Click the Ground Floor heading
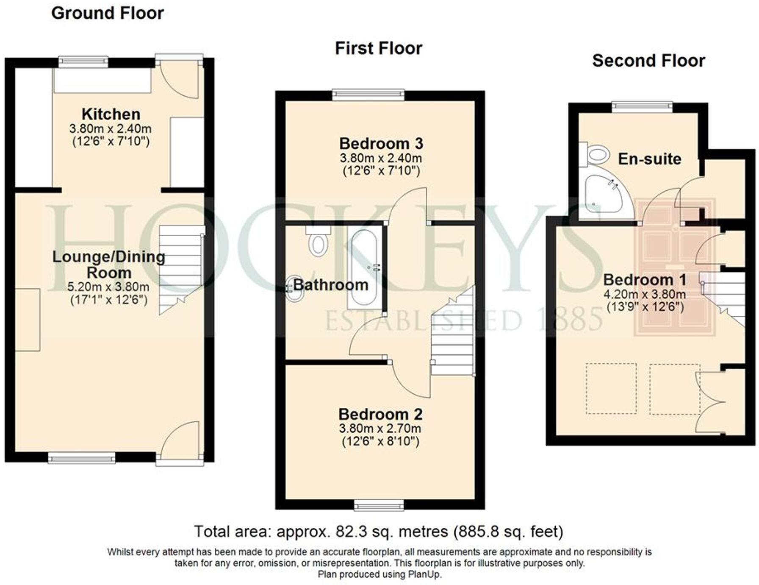107,14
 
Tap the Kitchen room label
111,114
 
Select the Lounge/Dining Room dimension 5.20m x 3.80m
108,287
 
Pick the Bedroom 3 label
381,144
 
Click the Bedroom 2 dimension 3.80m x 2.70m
380,429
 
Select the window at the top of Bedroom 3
368,94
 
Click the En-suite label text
649,159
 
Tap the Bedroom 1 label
644,280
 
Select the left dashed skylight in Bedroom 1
611,388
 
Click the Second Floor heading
648,61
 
